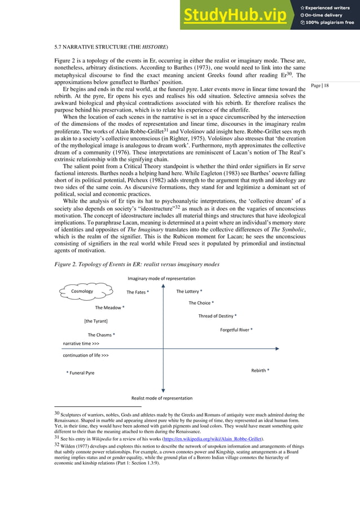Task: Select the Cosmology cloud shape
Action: click(x=83, y=291)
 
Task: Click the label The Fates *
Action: click(x=138, y=292)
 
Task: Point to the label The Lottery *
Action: click(x=189, y=291)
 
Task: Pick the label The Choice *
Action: click(x=201, y=303)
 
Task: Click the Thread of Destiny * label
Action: click(x=217, y=316)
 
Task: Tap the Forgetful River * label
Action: click(x=236, y=329)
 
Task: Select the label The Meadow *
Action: click(x=109, y=308)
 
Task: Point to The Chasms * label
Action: click(x=101, y=335)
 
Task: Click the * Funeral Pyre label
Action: click(x=80, y=373)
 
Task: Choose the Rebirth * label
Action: click(x=260, y=370)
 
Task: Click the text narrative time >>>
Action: click(x=81, y=343)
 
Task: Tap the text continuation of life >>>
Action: click(x=85, y=356)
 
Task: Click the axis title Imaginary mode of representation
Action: click(x=161, y=278)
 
